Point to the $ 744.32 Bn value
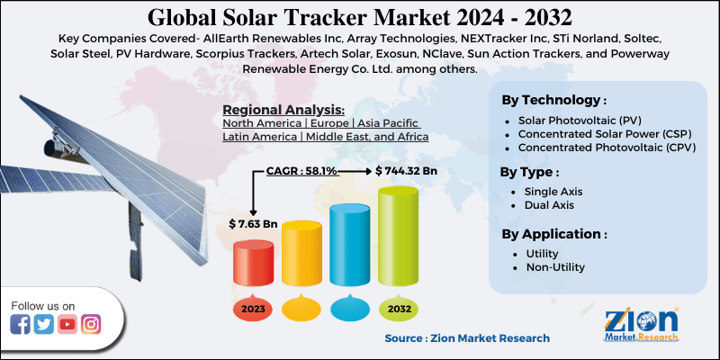click(407, 170)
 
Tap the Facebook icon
click(21, 325)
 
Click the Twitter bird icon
click(44, 325)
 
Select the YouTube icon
click(67, 325)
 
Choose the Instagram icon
click(91, 325)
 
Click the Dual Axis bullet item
click(548, 206)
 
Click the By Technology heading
click(553, 100)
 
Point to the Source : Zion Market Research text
click(467, 338)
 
